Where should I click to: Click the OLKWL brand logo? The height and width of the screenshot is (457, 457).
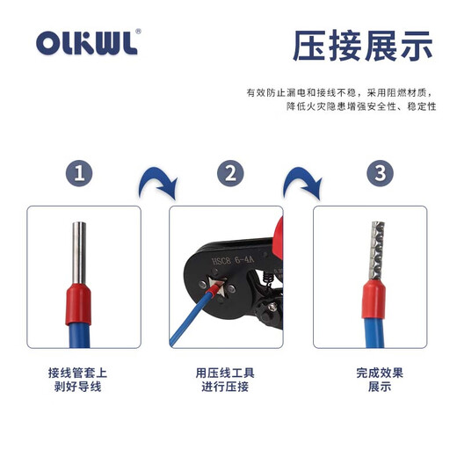(x=87, y=44)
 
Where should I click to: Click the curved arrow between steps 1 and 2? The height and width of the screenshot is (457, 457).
(x=158, y=183)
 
